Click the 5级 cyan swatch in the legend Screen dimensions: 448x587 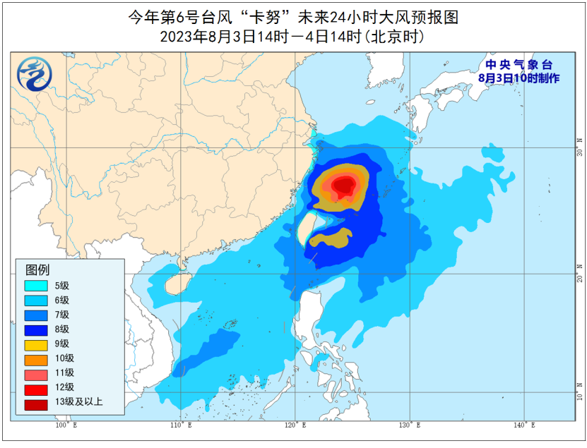pos(35,286)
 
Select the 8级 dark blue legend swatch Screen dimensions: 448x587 pos(35,329)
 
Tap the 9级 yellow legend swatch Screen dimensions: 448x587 pos(35,344)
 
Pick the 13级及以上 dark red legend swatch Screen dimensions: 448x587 pos(35,402)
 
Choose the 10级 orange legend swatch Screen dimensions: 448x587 pos(35,358)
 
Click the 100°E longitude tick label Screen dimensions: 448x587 pos(66,425)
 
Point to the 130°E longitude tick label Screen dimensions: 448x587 pos(410,425)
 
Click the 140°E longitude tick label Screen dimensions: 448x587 pos(524,425)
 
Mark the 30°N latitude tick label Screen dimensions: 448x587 pos(580,151)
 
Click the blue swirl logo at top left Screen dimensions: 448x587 pos(31,74)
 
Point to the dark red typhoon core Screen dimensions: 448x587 pos(344,186)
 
